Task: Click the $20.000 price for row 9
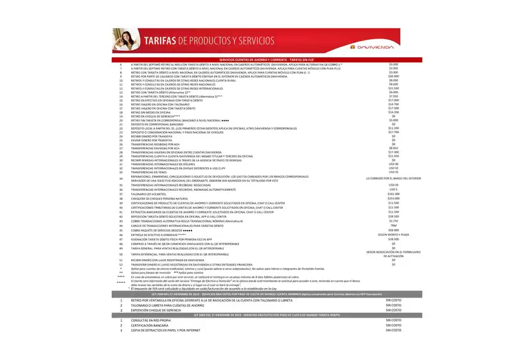click(394, 76)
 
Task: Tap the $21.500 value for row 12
click(394, 88)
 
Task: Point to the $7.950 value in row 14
click(394, 96)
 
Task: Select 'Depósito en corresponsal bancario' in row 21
click(157, 124)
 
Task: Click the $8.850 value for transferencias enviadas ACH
click(394, 148)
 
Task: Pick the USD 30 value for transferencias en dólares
click(394, 164)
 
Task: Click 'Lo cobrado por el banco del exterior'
click(393, 178)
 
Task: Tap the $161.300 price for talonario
click(394, 194)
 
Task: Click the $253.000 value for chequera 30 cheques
click(394, 199)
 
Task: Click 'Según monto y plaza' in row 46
click(393, 235)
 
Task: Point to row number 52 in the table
click(121, 264)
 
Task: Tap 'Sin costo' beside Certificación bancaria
click(393, 325)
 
